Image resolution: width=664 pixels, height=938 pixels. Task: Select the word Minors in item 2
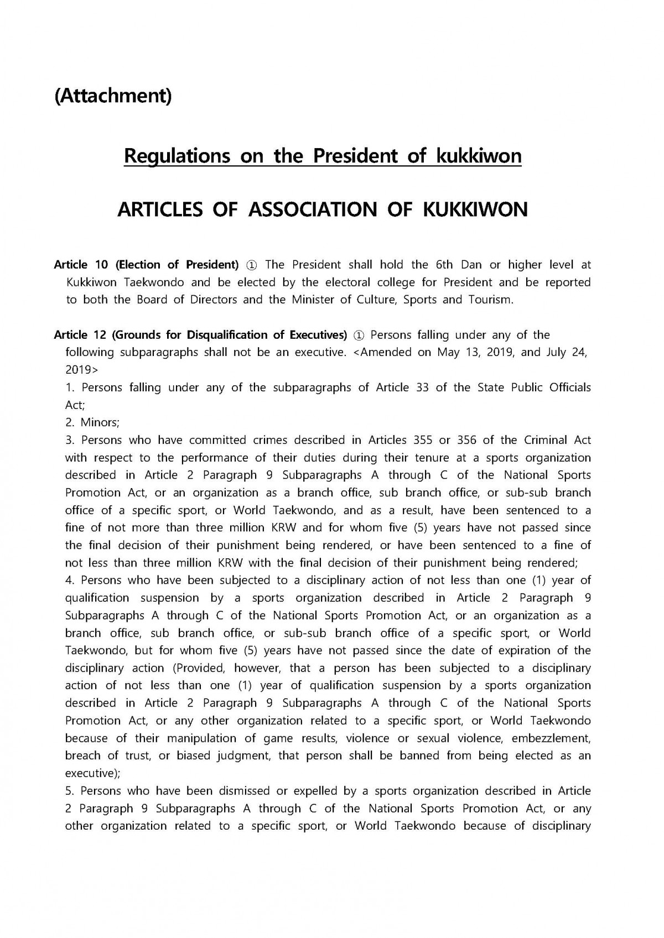[x=100, y=423]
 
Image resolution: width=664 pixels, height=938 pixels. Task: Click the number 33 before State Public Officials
[x=422, y=387]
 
